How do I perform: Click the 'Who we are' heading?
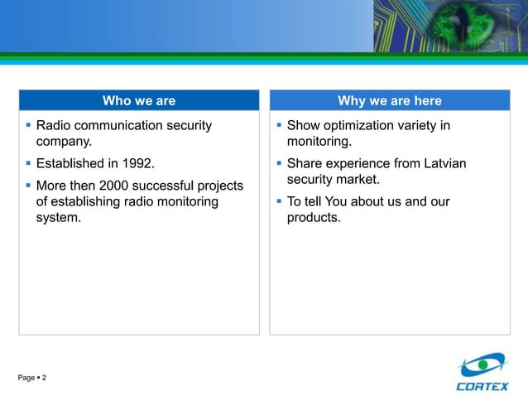tap(138, 101)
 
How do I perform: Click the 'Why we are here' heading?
tap(389, 101)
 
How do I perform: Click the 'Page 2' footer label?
tap(32, 378)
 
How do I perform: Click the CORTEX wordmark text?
tap(482, 385)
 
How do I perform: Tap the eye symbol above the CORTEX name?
tap(482, 365)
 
